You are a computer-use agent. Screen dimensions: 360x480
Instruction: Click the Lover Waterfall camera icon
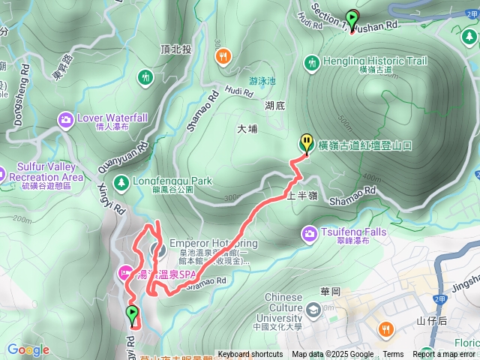66,119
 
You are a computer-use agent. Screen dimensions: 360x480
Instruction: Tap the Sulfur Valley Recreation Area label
46,172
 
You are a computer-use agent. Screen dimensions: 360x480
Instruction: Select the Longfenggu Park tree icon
120,181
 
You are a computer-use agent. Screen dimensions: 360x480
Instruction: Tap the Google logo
28,349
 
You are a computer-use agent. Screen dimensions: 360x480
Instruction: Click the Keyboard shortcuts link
250,355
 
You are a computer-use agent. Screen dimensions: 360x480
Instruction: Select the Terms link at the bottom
393,355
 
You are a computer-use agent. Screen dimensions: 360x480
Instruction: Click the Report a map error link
444,355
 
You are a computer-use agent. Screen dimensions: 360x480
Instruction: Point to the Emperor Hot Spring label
209,244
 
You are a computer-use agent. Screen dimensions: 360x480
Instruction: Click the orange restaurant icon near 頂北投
223,56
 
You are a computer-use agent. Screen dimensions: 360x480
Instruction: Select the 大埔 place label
247,129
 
